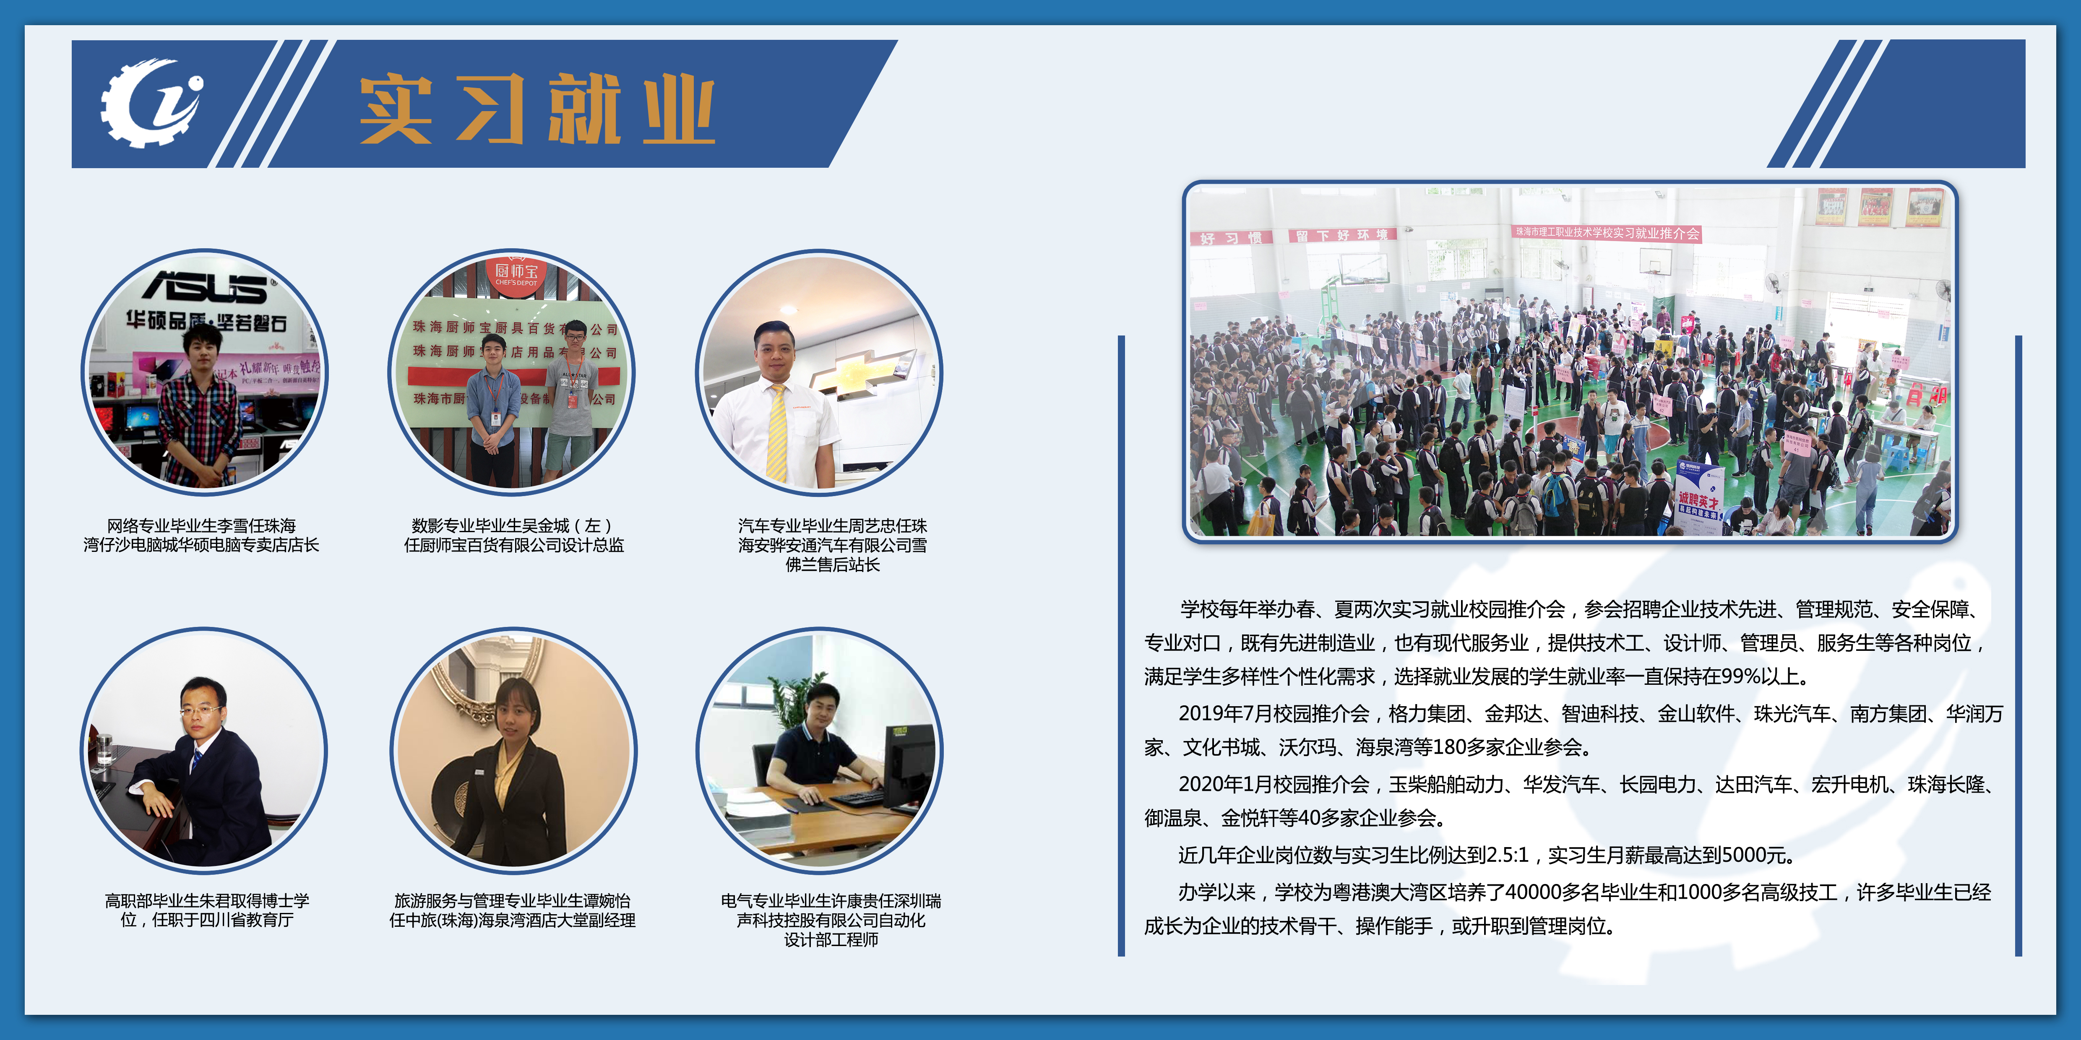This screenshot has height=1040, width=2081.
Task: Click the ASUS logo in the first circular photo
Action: [x=206, y=287]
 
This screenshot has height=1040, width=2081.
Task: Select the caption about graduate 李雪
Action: [x=201, y=536]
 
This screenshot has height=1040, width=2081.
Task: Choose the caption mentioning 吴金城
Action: [x=514, y=536]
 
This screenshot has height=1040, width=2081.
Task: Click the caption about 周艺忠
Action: [x=832, y=545]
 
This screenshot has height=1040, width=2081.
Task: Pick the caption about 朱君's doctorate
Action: [x=207, y=910]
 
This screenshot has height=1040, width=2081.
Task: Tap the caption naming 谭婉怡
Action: [x=512, y=910]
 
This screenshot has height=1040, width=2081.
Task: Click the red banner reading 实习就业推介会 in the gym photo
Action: [x=1606, y=233]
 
